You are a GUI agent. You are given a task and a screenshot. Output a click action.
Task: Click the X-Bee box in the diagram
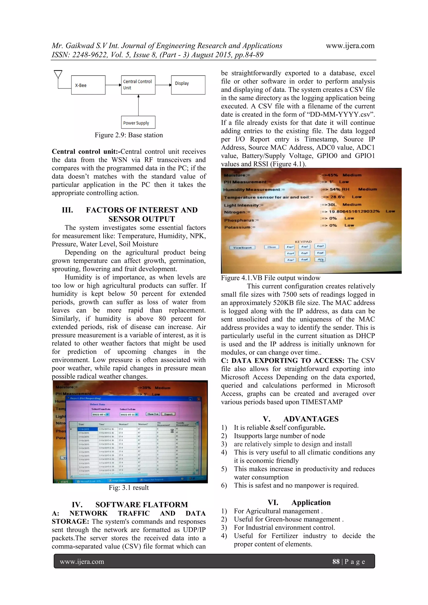click(x=88, y=85)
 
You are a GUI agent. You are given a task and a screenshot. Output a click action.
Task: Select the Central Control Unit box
click(x=138, y=85)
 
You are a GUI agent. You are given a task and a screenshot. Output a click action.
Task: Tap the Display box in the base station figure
click(x=188, y=85)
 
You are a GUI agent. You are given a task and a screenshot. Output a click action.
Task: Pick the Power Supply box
click(x=138, y=122)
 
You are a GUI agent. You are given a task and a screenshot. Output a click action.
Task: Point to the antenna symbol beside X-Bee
click(x=58, y=75)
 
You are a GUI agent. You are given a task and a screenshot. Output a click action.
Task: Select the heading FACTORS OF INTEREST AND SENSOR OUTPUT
click(x=141, y=214)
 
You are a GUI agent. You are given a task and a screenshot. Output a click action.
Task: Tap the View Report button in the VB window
click(x=242, y=247)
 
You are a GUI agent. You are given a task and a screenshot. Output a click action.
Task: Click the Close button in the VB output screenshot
click(x=271, y=247)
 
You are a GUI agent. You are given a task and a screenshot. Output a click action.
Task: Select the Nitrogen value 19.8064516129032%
click(x=354, y=211)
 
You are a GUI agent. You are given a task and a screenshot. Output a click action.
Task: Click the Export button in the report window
click(x=168, y=414)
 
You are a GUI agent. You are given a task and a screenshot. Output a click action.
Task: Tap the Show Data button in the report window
click(x=153, y=414)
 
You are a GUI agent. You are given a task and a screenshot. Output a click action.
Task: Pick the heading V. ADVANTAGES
click(x=301, y=419)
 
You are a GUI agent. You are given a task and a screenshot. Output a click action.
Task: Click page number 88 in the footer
click(x=336, y=562)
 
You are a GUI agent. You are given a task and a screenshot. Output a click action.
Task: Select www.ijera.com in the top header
click(x=350, y=46)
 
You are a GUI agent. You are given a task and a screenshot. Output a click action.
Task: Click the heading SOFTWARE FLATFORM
click(x=141, y=505)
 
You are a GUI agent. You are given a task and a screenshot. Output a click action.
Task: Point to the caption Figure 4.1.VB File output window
click(x=270, y=278)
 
